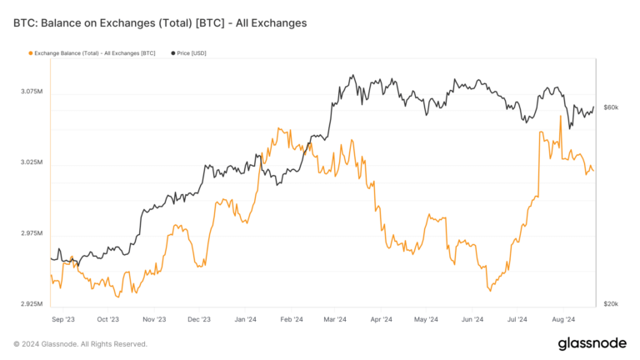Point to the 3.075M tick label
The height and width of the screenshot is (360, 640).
pos(32,91)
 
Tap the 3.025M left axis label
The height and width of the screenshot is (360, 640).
pos(32,162)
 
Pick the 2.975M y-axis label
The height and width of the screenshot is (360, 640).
pos(32,232)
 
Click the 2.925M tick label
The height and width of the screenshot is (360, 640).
pos(32,303)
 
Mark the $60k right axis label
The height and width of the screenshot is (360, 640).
pos(611,107)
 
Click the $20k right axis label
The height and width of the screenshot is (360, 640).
pos(611,303)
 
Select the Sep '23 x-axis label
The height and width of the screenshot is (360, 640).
pos(62,318)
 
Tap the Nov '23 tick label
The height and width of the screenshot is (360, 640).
pos(154,318)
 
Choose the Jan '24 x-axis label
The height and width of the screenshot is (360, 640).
pos(245,318)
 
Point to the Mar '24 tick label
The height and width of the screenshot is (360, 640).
pos(335,318)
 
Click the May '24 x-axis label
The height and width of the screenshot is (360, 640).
pos(426,318)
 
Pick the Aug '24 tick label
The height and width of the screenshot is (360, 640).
pos(562,318)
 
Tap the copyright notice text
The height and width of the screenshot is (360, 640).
pos(80,343)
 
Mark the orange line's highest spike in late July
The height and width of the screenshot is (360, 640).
pos(560,116)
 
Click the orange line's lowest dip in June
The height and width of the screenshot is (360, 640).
pos(490,291)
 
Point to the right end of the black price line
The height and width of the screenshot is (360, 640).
pos(594,107)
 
